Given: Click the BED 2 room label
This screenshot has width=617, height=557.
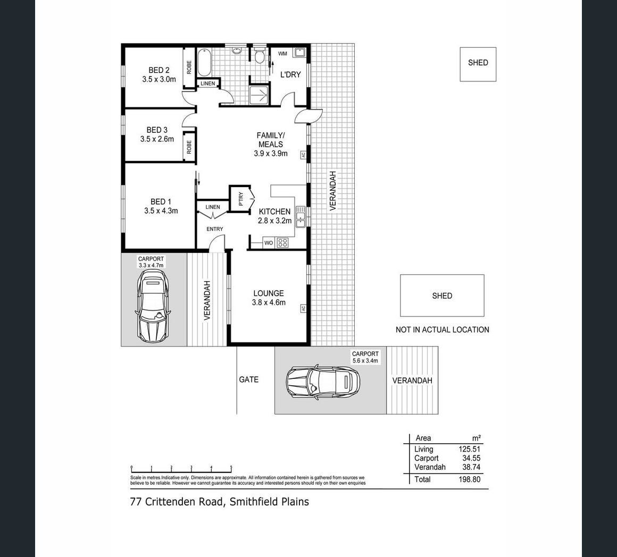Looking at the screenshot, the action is pos(159,70).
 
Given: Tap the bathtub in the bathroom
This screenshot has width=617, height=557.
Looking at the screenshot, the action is pos(204,62).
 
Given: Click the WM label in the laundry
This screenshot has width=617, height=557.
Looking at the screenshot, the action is pos(282,54).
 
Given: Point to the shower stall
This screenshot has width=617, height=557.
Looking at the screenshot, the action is pos(259,95).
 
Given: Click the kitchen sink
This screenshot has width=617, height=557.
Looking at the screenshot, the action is pos(301,217).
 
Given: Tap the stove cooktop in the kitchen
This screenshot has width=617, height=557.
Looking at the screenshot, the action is pos(282,243).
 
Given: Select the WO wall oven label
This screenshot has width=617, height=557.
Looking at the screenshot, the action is pos(269,243).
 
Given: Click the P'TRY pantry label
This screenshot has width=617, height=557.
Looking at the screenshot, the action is pos(241,199).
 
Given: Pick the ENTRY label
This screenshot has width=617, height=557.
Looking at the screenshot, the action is pos(215,229).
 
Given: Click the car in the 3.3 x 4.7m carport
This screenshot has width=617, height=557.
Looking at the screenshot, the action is pos(153,306).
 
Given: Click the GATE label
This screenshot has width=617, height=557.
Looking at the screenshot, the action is pos(249,379).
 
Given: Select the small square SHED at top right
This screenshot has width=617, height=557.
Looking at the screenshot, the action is pos(478,64).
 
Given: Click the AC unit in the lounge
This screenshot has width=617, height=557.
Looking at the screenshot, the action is pos(303,309).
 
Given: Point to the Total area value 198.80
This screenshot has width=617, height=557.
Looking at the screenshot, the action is pos(470,479).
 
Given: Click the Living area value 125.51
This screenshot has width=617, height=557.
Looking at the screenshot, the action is pos(470,449).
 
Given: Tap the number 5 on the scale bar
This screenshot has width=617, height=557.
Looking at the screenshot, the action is pos(231,467).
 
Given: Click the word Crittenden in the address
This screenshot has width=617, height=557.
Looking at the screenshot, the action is pos(184,502).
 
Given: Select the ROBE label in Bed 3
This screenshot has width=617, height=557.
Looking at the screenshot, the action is pos(189,147).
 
